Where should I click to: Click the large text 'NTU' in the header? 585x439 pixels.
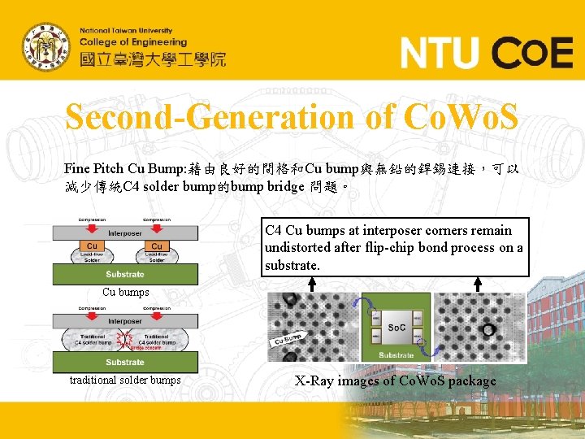[x=440, y=54]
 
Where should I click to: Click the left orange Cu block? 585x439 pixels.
[x=92, y=246]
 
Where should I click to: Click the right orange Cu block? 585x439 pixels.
[x=156, y=246]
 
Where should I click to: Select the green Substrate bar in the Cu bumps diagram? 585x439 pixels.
[x=124, y=274]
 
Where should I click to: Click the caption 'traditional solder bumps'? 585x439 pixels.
[x=125, y=380]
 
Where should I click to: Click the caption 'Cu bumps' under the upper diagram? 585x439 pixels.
[x=125, y=292]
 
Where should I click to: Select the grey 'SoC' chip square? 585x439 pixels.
[x=396, y=327]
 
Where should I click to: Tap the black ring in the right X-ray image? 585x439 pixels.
[x=487, y=330]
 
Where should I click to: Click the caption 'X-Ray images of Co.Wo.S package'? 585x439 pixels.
[x=395, y=380]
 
